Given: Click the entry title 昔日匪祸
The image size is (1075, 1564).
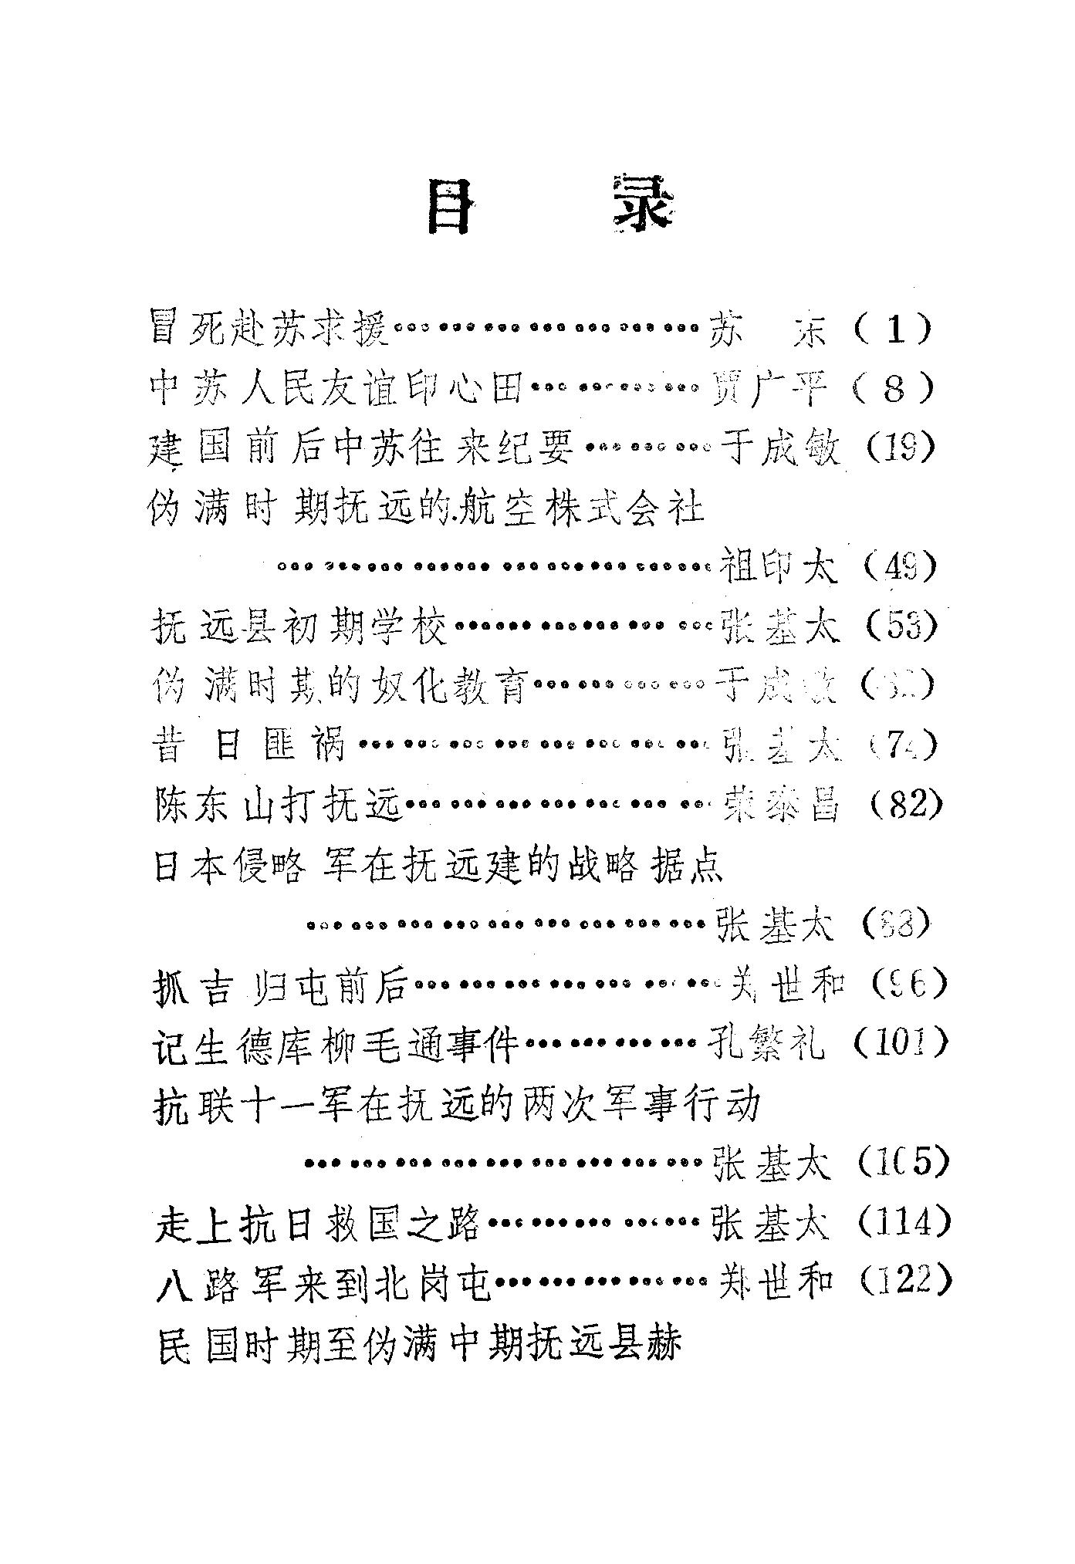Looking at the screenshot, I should [248, 745].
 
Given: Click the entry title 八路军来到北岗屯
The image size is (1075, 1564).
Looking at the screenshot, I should [323, 1283].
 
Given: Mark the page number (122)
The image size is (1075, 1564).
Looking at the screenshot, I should [904, 1282].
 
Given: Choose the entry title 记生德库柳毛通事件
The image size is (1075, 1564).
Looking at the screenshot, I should [338, 1045].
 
